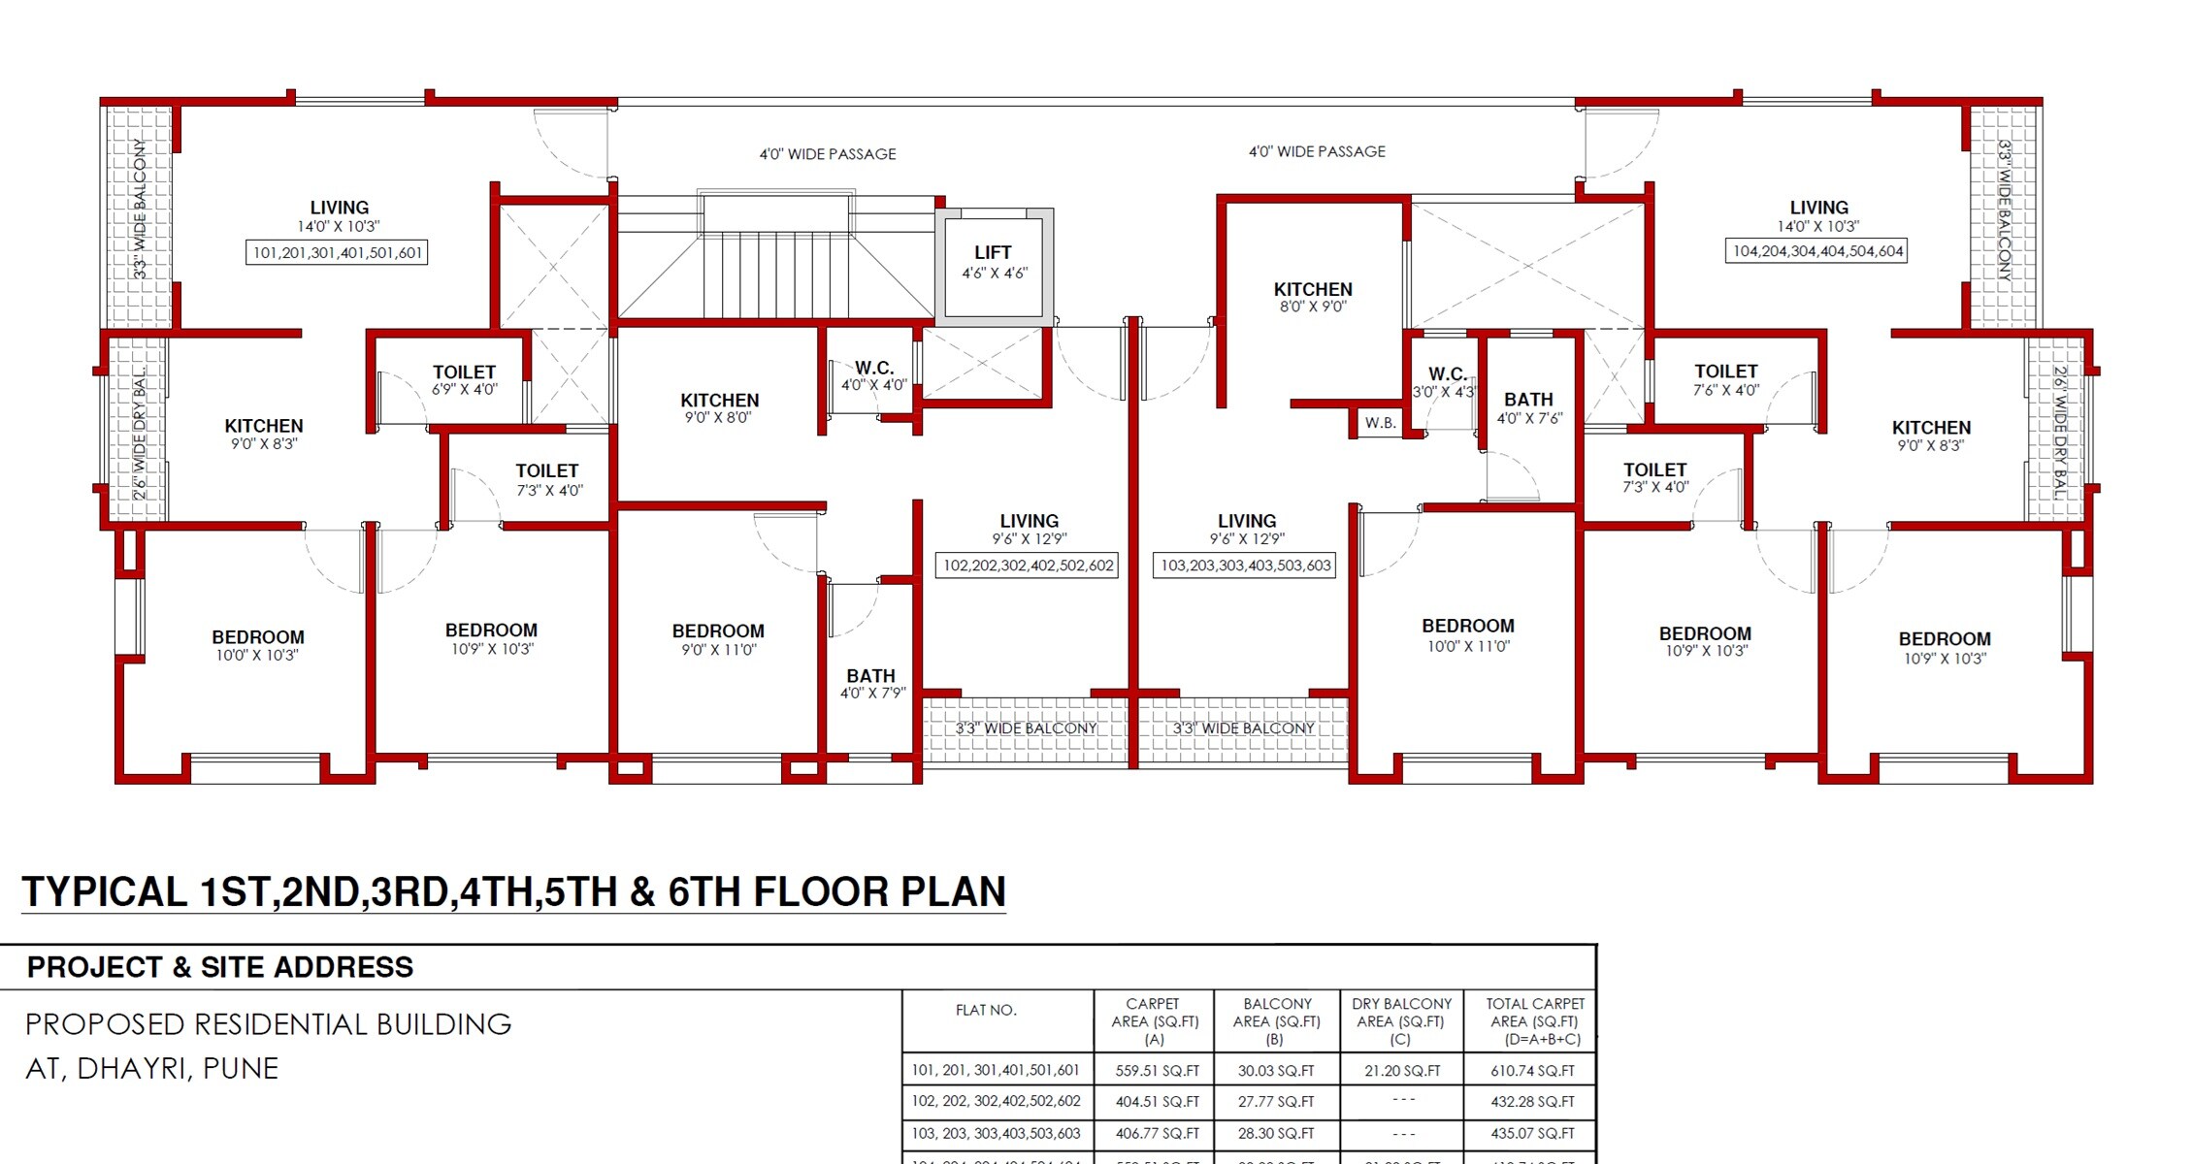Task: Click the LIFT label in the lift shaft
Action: coord(993,253)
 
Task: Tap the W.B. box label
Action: coord(1380,423)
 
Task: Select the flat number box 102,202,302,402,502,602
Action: coord(1027,566)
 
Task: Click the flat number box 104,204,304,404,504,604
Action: coord(1817,251)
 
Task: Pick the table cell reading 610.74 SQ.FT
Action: coord(1532,1071)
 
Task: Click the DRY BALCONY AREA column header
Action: coord(1401,1020)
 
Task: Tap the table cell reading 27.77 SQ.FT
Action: coord(1276,1102)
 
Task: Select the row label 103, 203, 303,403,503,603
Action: coord(996,1133)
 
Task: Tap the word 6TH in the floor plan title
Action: coord(705,891)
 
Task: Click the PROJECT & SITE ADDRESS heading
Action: coord(220,967)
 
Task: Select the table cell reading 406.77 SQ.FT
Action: coord(1157,1133)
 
